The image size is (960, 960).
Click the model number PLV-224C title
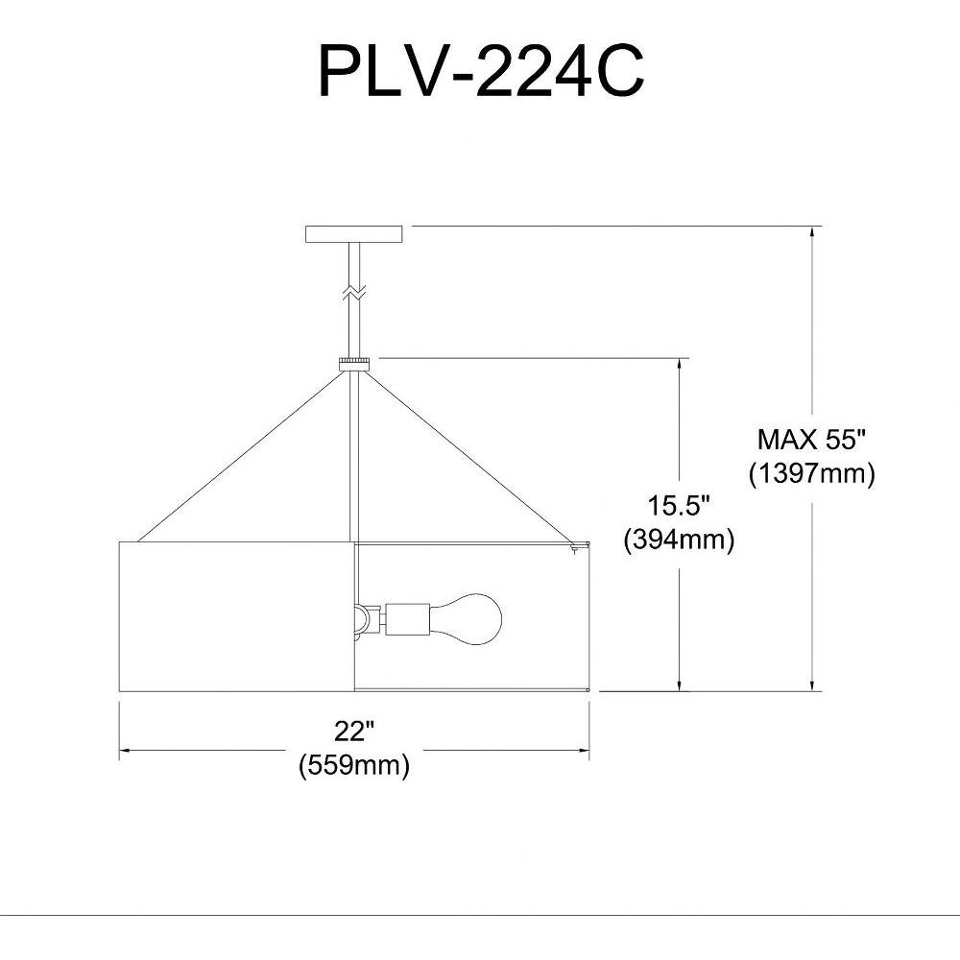pos(481,71)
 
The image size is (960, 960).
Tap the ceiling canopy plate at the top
pos(354,234)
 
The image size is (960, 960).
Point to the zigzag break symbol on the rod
pos(354,292)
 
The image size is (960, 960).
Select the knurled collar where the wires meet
pos(354,364)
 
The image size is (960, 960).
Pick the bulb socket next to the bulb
pos(406,617)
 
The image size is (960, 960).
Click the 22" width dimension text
pos(354,731)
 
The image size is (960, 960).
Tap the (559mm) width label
pos(354,765)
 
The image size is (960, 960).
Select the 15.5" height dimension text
pos(679,506)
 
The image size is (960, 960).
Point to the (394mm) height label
pos(679,540)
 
